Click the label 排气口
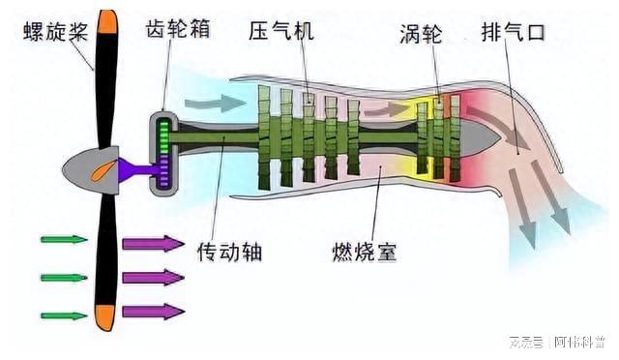[513, 30]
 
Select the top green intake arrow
[64, 238]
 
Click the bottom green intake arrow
[64, 314]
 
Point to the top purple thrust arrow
[152, 243]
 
